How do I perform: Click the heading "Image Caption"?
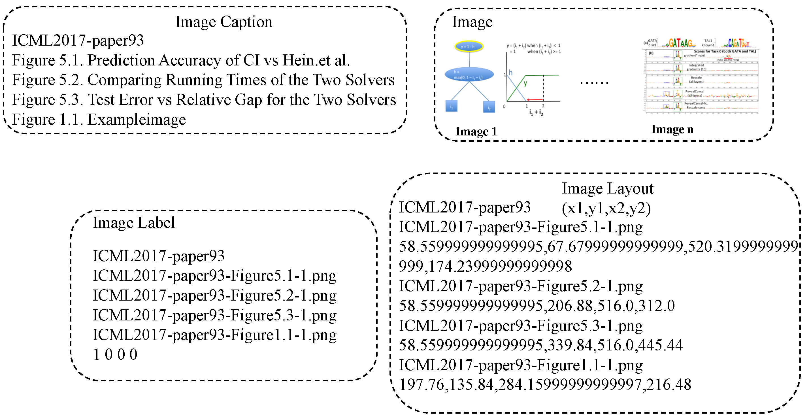pyautogui.click(x=223, y=22)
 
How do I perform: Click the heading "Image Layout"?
pyautogui.click(x=607, y=188)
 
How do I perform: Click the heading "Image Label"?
pyautogui.click(x=133, y=223)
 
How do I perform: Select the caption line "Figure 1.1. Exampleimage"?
pyautogui.click(x=99, y=120)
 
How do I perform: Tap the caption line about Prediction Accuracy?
pyautogui.click(x=181, y=60)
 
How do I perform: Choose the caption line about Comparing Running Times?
pyautogui.click(x=203, y=80)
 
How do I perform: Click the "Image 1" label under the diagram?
pyautogui.click(x=476, y=131)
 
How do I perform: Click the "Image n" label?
pyautogui.click(x=672, y=129)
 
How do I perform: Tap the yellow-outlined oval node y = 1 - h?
pyautogui.click(x=469, y=46)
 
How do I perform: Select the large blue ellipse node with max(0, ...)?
pyautogui.click(x=469, y=75)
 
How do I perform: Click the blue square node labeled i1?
pyautogui.click(x=451, y=106)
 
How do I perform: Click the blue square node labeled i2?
pyautogui.click(x=489, y=107)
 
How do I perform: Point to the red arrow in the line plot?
pyautogui.click(x=535, y=99)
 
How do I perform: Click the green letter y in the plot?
pyautogui.click(x=525, y=83)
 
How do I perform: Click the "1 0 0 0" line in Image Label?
pyautogui.click(x=115, y=355)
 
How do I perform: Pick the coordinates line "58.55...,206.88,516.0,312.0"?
pyautogui.click(x=537, y=306)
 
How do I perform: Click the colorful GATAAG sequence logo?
pyautogui.click(x=680, y=43)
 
